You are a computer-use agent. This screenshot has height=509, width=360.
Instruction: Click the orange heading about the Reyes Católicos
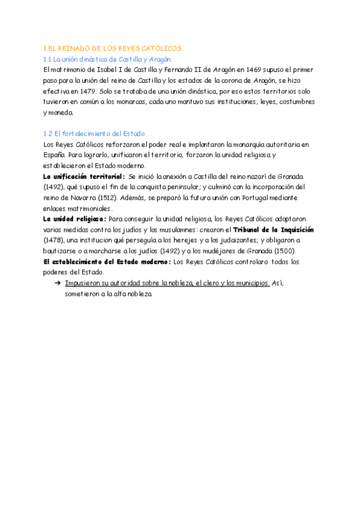coord(113,47)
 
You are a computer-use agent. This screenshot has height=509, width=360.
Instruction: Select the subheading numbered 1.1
coord(108,59)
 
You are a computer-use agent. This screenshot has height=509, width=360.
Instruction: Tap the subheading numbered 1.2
coord(95,133)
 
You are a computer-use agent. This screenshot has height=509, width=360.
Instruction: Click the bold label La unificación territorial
coord(84,176)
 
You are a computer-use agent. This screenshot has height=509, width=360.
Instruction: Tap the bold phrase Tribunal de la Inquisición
coord(273,230)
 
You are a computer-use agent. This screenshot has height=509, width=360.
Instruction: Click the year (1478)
coord(55,241)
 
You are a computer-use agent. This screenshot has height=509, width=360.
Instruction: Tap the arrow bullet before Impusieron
coord(58,283)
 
